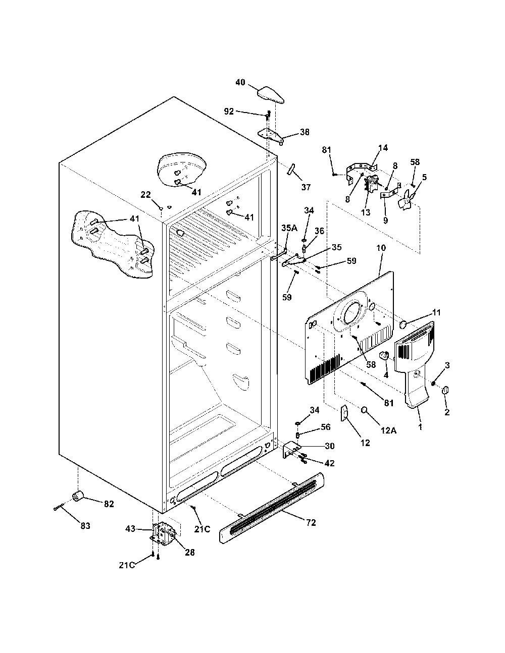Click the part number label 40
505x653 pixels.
(x=240, y=82)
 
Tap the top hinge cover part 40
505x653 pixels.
(x=271, y=95)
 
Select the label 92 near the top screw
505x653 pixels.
(x=229, y=112)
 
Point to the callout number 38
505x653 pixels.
(x=305, y=132)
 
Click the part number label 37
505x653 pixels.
(x=306, y=187)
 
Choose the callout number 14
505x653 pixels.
(x=383, y=147)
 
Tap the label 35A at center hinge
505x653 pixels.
(x=289, y=228)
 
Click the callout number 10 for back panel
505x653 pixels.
(x=381, y=248)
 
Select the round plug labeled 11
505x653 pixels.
(x=403, y=325)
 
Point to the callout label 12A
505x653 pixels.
(x=389, y=430)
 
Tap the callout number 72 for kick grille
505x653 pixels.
(x=311, y=523)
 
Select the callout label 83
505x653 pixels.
(x=85, y=526)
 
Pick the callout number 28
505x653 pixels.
(x=190, y=552)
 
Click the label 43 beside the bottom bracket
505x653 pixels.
(x=130, y=528)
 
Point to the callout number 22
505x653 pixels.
(x=146, y=195)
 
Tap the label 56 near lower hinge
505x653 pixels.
(x=326, y=427)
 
